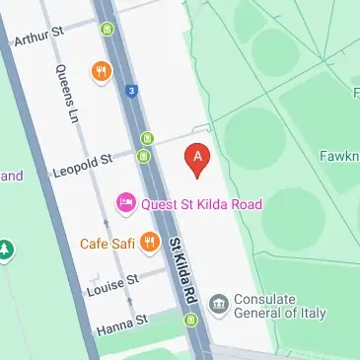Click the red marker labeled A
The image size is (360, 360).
[x=198, y=160]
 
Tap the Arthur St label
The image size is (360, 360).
[x=39, y=37]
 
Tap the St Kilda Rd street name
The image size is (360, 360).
[x=183, y=270]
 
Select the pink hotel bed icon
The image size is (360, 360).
[x=126, y=204]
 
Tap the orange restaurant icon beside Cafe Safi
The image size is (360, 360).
[x=150, y=240]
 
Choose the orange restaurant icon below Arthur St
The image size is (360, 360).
[x=101, y=71]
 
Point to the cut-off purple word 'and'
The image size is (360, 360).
[x=11, y=177]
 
